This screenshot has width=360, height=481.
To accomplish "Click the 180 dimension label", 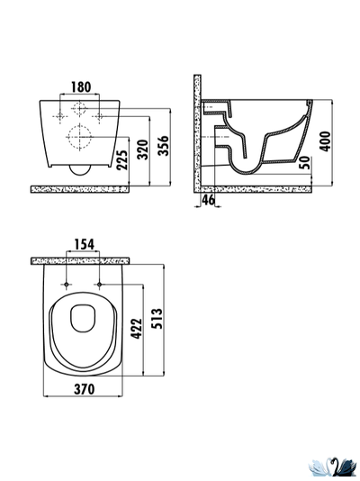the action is point(81,86).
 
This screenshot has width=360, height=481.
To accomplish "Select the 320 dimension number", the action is point(142,150).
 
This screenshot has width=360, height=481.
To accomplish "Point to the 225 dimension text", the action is point(121,159).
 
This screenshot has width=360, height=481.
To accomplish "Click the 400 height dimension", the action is point(325,141).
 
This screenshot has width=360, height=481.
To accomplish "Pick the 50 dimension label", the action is point(304,162).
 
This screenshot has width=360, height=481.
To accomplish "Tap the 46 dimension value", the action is point(209,200).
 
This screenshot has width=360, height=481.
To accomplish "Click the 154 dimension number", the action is point(85,244).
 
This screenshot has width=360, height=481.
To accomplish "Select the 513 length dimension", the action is point(157,319).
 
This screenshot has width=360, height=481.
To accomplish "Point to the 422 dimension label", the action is point(137,329).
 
